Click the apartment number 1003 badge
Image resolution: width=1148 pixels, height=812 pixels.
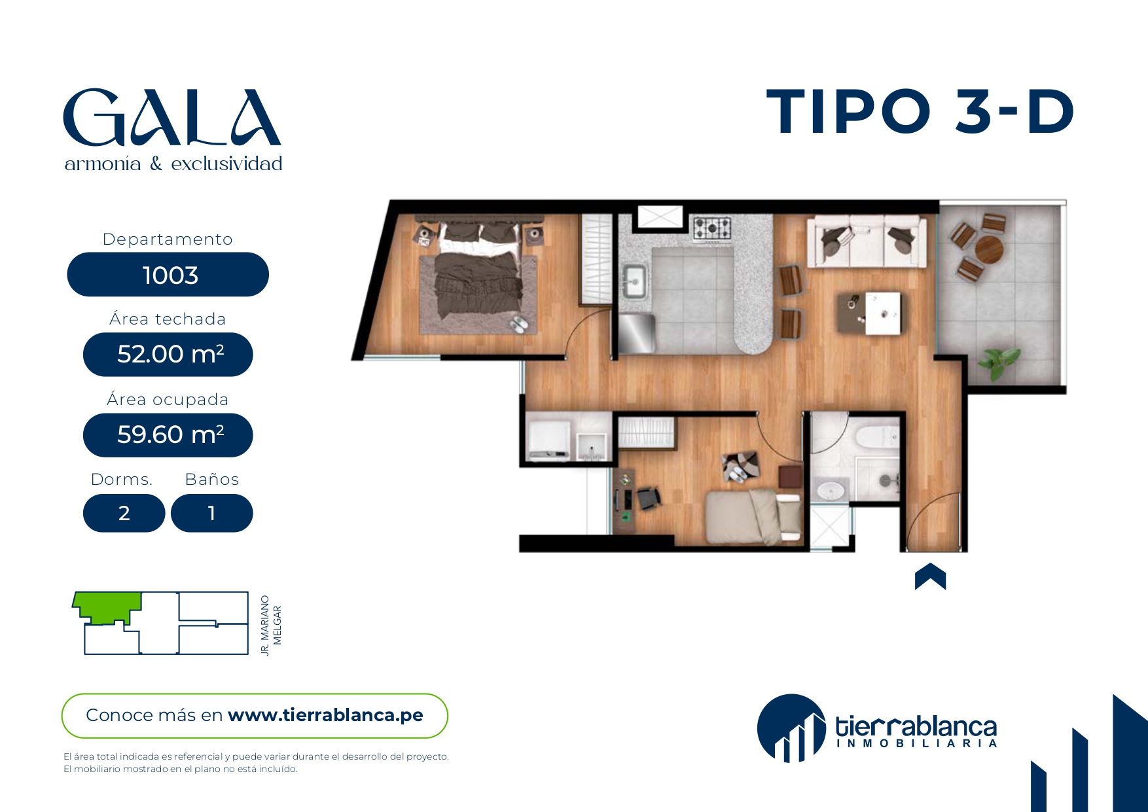(x=168, y=275)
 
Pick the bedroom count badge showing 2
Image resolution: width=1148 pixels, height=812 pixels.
(x=124, y=514)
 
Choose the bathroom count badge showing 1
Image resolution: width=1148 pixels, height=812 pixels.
(x=211, y=514)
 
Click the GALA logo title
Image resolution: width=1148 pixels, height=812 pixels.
(x=172, y=118)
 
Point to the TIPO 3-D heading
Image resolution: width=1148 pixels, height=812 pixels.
(x=920, y=112)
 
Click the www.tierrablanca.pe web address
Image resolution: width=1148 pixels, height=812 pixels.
(x=325, y=715)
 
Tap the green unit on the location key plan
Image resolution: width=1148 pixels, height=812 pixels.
(x=108, y=606)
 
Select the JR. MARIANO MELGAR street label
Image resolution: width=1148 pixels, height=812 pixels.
(x=271, y=626)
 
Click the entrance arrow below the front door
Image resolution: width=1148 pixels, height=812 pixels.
(x=930, y=576)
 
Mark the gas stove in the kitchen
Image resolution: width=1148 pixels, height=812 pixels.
(x=712, y=229)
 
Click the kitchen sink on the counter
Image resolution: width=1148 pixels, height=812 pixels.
(x=633, y=281)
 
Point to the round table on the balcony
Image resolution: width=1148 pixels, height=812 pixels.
(x=988, y=249)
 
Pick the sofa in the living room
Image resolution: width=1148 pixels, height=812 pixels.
(x=867, y=242)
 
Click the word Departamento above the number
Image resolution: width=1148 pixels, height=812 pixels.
(x=168, y=239)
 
